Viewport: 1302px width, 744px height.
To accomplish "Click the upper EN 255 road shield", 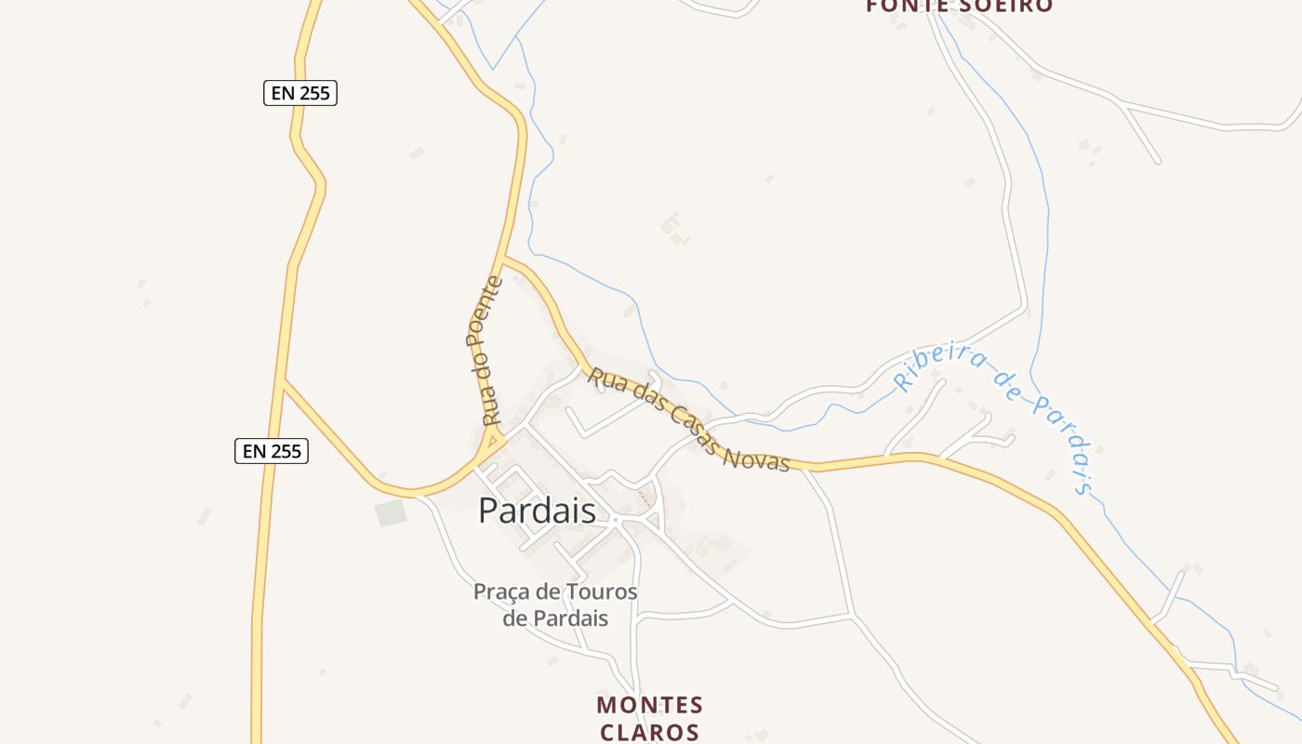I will (x=299, y=93).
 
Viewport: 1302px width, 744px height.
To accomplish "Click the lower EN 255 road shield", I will (x=271, y=451).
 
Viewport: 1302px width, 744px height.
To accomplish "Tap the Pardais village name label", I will (x=537, y=511).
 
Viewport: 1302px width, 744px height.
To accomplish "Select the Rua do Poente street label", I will (x=484, y=351).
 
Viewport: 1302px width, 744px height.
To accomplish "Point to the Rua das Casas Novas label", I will (x=688, y=419).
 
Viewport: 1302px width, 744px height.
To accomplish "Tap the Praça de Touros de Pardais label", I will (x=555, y=604).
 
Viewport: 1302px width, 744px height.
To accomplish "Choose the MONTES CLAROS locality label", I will (x=649, y=718).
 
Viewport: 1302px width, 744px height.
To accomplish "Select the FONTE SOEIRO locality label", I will (x=959, y=7).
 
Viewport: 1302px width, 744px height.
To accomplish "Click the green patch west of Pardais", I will (x=392, y=512).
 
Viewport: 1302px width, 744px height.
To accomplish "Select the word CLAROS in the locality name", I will (x=649, y=732).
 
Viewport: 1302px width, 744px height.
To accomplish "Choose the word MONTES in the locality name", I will (x=649, y=705).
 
